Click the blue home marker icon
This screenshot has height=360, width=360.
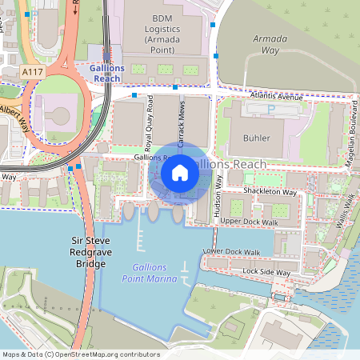[x=180, y=172]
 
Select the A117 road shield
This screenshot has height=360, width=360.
[x=33, y=72]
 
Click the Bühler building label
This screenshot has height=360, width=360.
[x=255, y=138]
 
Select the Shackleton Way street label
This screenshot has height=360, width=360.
[x=270, y=193]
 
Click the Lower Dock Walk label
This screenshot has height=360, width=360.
[x=233, y=252]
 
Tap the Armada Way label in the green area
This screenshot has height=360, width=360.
[x=270, y=44]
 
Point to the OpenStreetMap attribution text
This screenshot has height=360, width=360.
[x=81, y=354]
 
